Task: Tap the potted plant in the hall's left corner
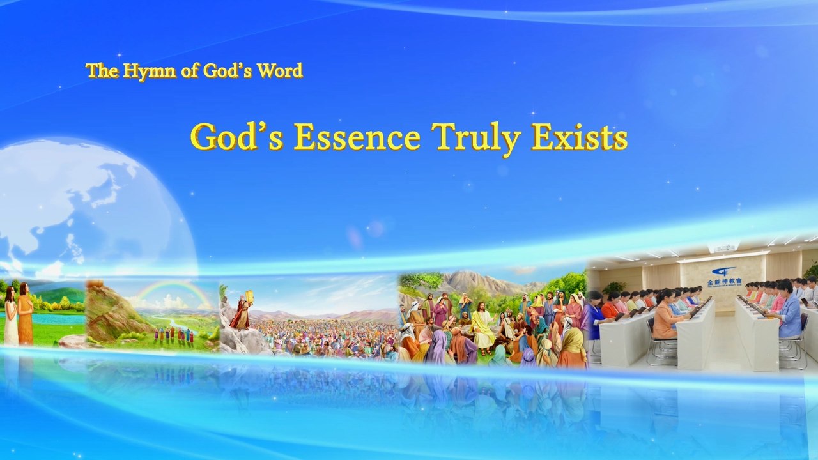pyautogui.click(x=614, y=288)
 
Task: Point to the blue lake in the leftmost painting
pyautogui.click(x=58, y=318)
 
